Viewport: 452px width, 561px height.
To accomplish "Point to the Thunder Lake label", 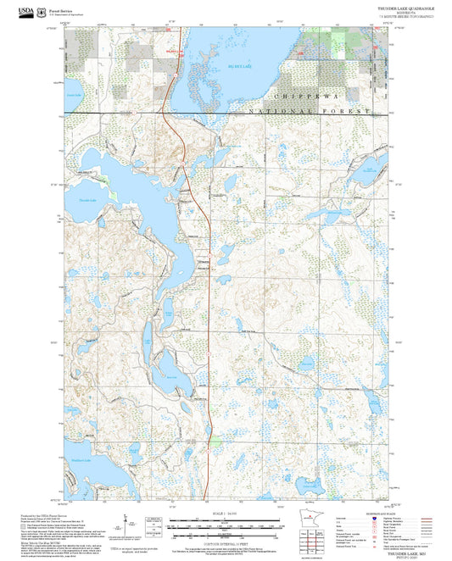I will click(x=88, y=200).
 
